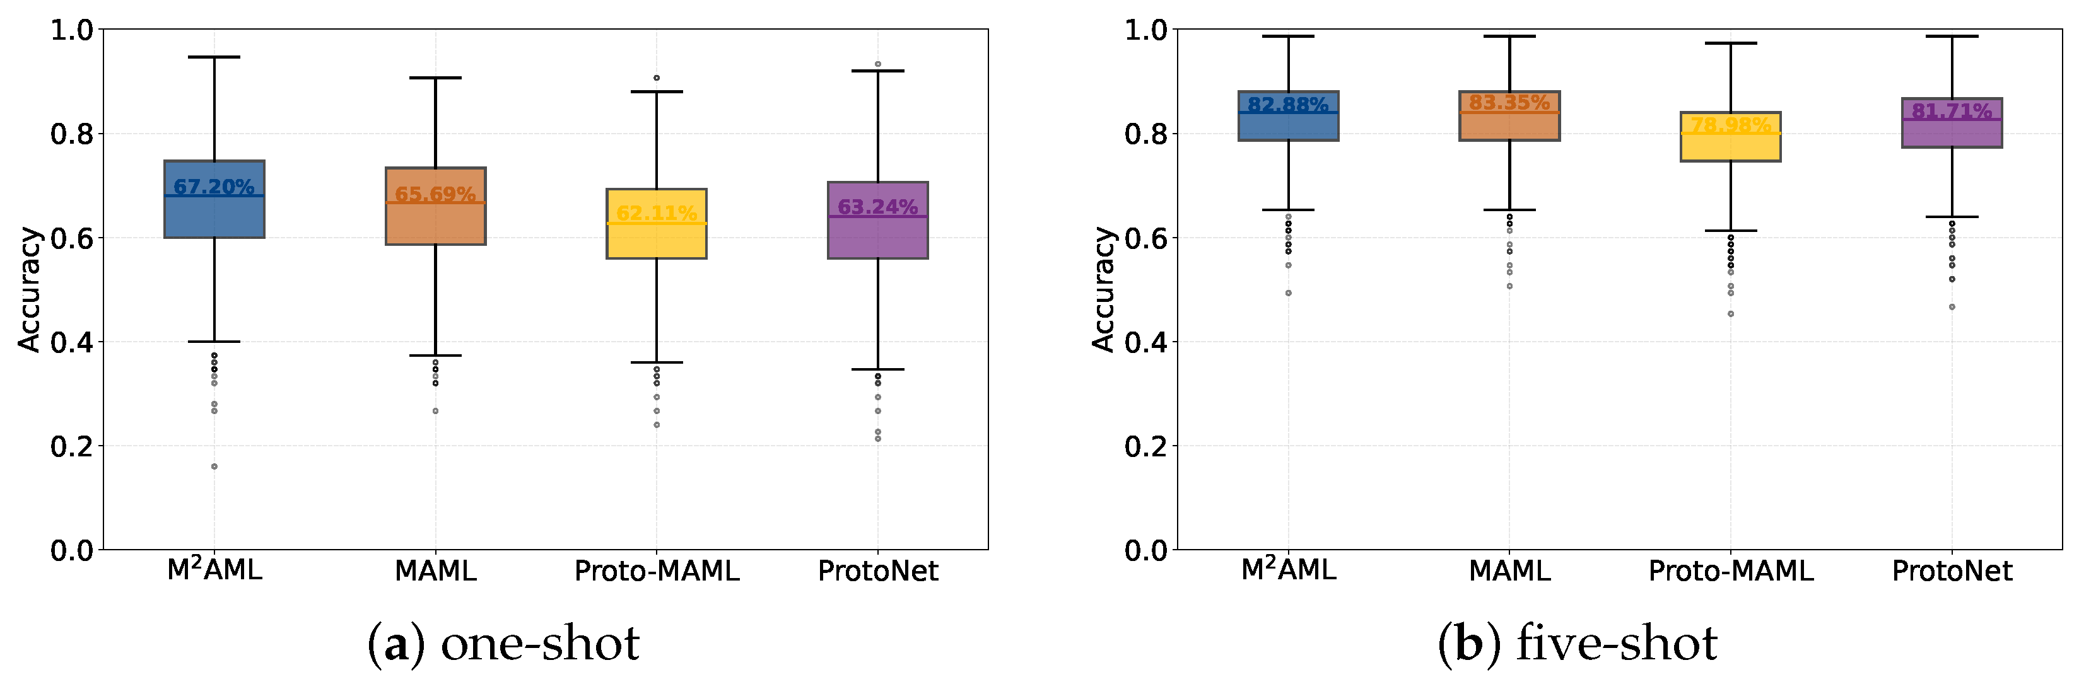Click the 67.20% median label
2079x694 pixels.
point(214,187)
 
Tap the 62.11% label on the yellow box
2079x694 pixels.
point(656,213)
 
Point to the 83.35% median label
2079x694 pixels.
point(1508,103)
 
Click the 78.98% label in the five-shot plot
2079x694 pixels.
point(1730,124)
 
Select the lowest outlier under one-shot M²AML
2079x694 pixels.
point(214,466)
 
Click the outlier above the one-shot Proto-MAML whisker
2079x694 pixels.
point(656,78)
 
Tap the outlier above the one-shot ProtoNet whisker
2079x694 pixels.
point(878,64)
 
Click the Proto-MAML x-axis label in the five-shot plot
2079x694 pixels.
point(1730,571)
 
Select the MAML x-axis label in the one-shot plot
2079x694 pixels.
point(436,571)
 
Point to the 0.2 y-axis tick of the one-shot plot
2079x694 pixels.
point(71,446)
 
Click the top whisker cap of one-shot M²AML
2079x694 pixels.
point(214,57)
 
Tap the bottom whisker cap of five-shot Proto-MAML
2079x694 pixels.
point(1730,231)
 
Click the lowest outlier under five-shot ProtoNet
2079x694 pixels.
point(1952,306)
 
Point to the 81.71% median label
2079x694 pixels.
point(1952,110)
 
